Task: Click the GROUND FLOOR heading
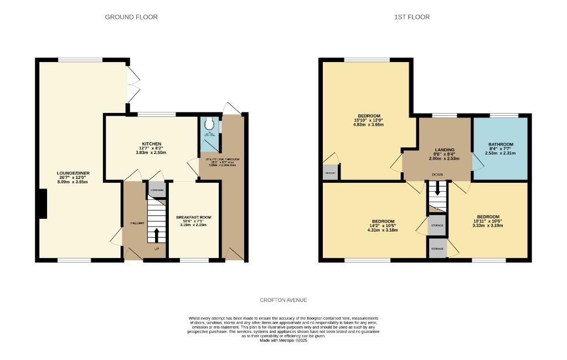pos(131,17)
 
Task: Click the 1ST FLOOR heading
pos(412,17)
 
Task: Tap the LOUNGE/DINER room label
pos(73,173)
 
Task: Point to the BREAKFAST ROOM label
pos(193,217)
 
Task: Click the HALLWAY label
pos(137,223)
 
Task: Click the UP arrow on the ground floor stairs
pos(156,234)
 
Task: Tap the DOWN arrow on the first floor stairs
pos(437,189)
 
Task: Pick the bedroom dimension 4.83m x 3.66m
pos(368,125)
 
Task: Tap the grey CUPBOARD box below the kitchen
pos(157,190)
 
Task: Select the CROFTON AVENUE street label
pos(283,300)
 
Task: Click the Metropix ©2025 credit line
pos(283,341)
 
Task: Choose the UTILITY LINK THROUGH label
pos(224,160)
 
